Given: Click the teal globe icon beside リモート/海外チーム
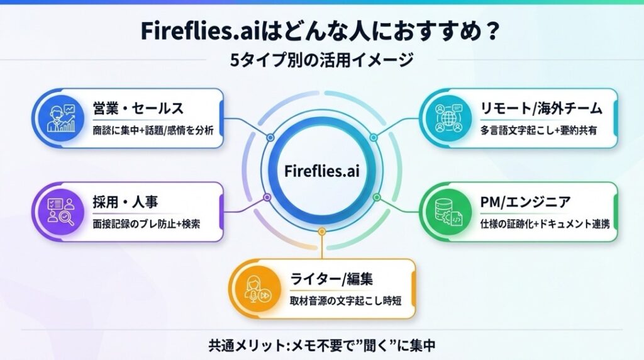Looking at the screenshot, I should click(x=448, y=118).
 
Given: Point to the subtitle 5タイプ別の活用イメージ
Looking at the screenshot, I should click(x=321, y=60).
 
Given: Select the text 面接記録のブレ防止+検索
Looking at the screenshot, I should click(x=147, y=224).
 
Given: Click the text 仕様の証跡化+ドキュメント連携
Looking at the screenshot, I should click(x=542, y=224).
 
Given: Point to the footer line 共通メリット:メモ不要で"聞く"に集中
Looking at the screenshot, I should click(x=322, y=345).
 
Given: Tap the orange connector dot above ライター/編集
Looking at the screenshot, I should click(x=321, y=232).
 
